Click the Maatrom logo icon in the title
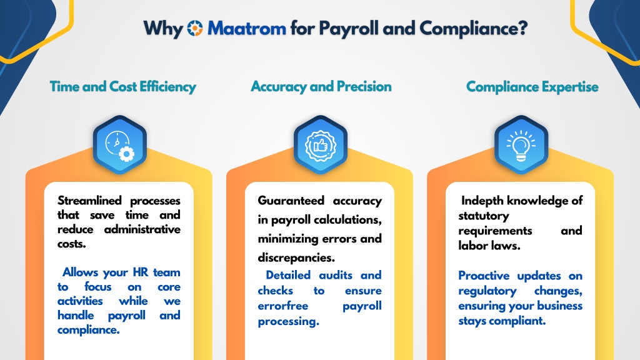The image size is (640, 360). (195, 28)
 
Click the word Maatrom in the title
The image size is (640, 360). (246, 29)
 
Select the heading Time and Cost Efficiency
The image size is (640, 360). (123, 86)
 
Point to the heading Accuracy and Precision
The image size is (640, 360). (321, 86)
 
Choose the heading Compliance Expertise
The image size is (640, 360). (532, 86)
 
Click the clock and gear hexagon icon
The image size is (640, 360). (119, 145)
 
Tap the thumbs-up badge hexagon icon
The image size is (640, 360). (321, 145)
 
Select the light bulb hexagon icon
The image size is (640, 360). (521, 145)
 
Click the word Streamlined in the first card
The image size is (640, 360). (89, 201)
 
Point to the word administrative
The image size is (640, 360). (142, 229)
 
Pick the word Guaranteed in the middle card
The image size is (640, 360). (291, 201)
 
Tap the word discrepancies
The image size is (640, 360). (296, 257)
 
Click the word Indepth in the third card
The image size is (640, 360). (482, 201)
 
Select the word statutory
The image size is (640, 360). (484, 216)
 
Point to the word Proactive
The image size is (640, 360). (484, 276)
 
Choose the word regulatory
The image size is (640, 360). (487, 291)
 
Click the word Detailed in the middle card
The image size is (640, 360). (288, 275)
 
